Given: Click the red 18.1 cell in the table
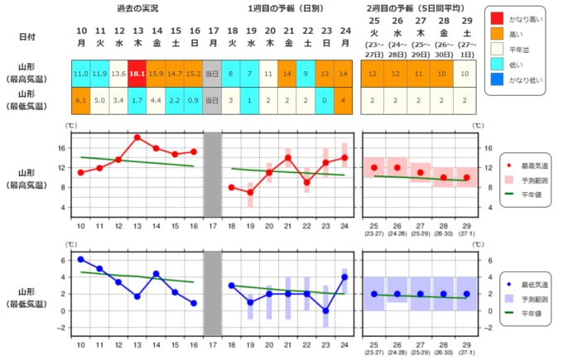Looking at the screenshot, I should tap(138, 74).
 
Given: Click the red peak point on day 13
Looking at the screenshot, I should tap(137, 137).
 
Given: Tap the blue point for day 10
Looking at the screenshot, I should tap(81, 260).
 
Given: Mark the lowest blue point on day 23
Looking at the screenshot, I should tap(326, 310).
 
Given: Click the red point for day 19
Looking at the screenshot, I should tap(250, 192).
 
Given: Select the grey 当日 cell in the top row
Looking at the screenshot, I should tap(213, 74).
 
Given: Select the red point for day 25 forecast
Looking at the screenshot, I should tap(374, 167).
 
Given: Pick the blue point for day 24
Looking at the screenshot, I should tap(344, 276).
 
